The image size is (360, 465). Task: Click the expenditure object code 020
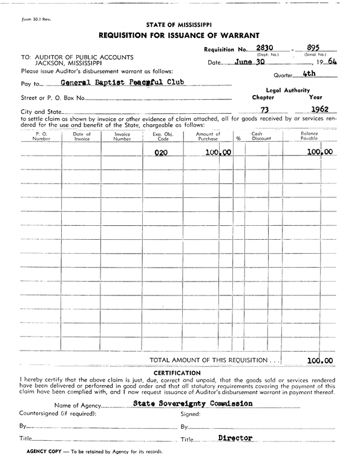click(x=160, y=153)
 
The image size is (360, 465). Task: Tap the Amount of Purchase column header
click(x=208, y=136)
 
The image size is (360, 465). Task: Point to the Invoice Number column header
click(x=122, y=136)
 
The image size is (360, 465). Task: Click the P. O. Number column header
click(x=41, y=136)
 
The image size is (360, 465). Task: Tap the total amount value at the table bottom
click(x=319, y=360)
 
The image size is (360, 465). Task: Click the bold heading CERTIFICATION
click(x=177, y=372)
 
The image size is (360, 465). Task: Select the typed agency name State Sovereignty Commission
click(x=192, y=403)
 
